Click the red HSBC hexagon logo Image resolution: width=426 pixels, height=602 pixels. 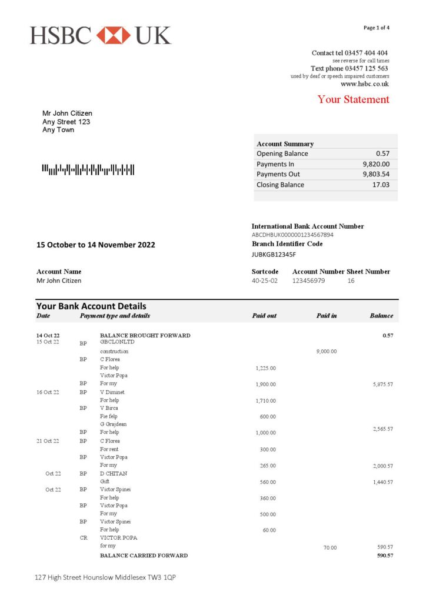[113, 35]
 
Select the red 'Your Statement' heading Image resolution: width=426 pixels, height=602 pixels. [353, 99]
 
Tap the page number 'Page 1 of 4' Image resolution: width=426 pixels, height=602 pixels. [376, 28]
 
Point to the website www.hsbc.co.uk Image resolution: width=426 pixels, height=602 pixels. [365, 84]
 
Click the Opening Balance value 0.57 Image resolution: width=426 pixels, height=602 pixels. [383, 153]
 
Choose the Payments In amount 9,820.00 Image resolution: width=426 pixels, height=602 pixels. [376, 164]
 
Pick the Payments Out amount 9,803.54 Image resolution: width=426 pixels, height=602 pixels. [376, 174]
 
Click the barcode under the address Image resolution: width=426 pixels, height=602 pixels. [88, 170]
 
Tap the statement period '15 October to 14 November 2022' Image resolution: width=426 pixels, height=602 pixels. [96, 245]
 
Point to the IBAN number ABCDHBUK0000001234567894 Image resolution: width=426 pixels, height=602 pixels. [292, 235]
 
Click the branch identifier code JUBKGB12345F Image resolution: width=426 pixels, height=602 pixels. [274, 255]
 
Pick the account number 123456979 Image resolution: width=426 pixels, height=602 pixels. [308, 281]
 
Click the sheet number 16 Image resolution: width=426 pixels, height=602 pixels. [351, 281]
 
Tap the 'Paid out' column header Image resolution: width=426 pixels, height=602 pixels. [264, 316]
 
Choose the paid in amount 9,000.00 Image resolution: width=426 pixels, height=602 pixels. [327, 352]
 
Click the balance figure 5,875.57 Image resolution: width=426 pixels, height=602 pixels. [382, 384]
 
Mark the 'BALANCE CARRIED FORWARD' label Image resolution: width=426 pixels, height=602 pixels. [144, 556]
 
